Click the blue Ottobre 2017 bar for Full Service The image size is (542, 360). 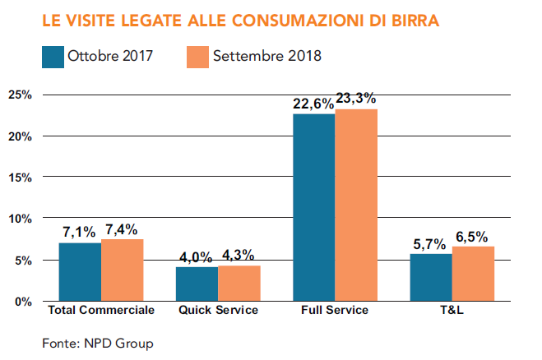313,207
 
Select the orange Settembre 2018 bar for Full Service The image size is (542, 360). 356,205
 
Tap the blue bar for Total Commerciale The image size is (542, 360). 80,272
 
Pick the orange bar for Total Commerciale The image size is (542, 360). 123,270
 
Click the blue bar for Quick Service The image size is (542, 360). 197,284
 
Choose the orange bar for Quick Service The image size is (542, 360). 239,284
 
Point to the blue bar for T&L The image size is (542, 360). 430,278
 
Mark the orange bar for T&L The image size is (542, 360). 473,274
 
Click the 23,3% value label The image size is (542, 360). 357,99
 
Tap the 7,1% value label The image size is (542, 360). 79,232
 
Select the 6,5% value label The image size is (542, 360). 474,237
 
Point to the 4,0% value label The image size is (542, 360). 197,256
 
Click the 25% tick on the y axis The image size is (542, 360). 20,95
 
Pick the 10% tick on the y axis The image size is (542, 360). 20,219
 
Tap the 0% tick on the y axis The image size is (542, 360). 23,302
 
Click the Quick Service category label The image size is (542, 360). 218,311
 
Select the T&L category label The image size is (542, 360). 452,311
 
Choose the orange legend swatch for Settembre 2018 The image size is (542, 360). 197,57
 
